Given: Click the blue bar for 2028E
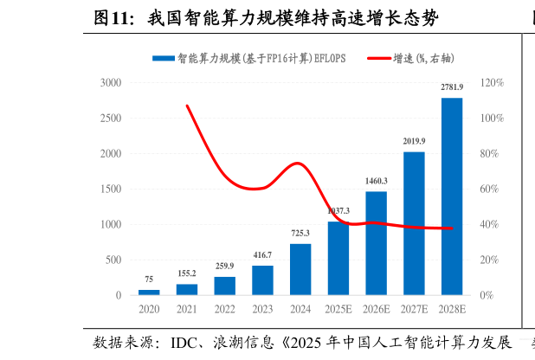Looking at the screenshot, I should [452, 196].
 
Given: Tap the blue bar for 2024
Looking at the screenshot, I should [300, 269].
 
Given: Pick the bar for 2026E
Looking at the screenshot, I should [376, 243].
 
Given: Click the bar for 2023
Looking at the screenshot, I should [262, 280].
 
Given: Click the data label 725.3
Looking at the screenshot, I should [300, 234].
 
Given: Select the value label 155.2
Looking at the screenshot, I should [187, 273].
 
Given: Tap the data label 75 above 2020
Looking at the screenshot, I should [149, 280].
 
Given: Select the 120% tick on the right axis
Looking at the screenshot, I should [493, 83].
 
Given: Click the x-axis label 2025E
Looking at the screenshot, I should [338, 309].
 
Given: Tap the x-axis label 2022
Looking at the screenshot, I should [224, 309].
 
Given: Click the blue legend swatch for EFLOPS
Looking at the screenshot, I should [163, 58].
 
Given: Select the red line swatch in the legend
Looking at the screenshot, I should [379, 58].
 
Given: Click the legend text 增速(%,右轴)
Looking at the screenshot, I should [423, 58].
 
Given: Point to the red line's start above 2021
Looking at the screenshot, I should [187, 106].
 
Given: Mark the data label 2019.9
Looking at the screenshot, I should [414, 141].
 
